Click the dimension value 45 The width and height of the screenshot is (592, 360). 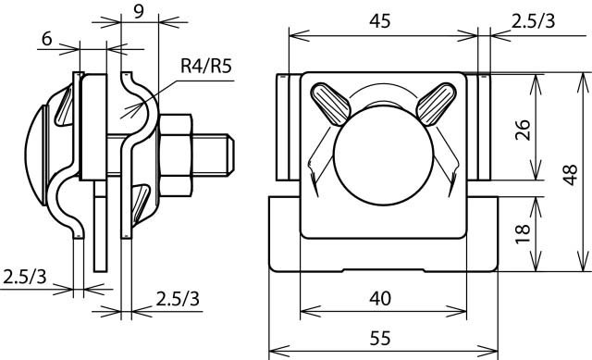click(380, 21)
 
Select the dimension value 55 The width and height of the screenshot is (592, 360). click(380, 338)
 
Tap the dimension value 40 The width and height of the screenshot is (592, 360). click(380, 298)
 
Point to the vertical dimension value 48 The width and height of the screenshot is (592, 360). click(570, 175)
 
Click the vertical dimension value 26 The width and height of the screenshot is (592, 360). click(524, 130)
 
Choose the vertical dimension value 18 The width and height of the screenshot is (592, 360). click(524, 234)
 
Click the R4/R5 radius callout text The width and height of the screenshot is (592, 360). click(205, 66)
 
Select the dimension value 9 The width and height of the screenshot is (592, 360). click(139, 12)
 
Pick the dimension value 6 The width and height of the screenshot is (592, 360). click(47, 39)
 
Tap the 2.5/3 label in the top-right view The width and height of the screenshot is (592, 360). click(533, 21)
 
